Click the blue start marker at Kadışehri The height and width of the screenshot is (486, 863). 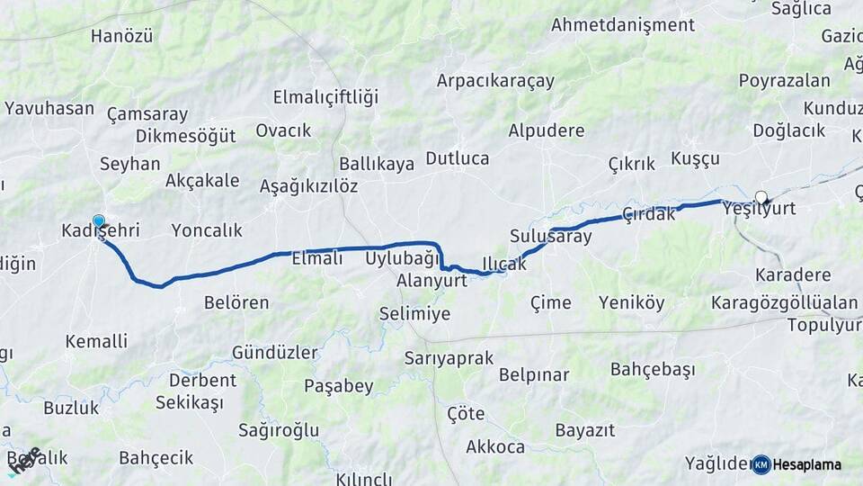[x=98, y=220]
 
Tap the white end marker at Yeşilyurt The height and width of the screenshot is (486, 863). [x=761, y=197]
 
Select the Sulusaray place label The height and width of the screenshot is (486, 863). [x=551, y=237]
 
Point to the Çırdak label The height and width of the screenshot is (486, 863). [x=648, y=214]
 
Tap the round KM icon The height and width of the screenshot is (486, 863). [x=761, y=464]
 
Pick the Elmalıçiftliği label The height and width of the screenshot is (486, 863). [x=325, y=97]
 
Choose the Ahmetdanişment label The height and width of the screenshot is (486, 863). [x=623, y=24]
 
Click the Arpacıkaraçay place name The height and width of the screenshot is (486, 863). [x=495, y=80]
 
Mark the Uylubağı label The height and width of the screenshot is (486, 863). [x=402, y=258]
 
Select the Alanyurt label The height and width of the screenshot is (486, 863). [x=432, y=280]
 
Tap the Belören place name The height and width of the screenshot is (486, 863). [x=236, y=302]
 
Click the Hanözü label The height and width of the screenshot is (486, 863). [x=122, y=37]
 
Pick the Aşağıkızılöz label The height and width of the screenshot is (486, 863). [x=308, y=186]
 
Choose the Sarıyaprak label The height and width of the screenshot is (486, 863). [x=449, y=358]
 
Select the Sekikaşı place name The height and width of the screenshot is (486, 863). [x=189, y=402]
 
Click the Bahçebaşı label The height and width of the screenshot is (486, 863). [x=653, y=369]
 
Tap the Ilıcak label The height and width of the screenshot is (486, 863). [x=503, y=262]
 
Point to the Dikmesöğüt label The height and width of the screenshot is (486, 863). [x=185, y=136]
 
